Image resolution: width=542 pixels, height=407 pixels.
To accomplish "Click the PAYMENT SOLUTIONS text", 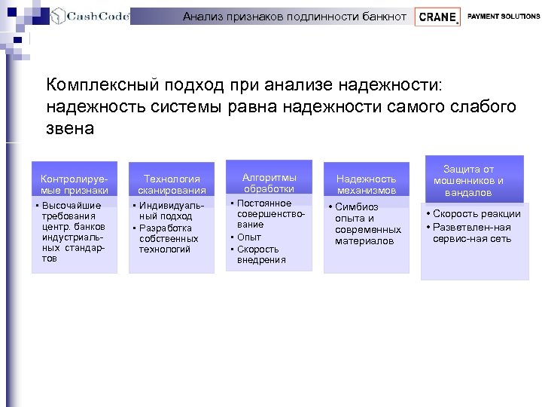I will [503, 16].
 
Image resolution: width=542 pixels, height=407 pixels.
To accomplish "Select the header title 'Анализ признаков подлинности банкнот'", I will [294, 16].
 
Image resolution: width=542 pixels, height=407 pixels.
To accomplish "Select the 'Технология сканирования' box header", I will [172, 184].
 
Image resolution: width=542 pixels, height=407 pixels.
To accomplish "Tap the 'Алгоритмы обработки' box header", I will [269, 182].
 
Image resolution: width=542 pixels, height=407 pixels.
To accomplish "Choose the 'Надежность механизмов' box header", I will [366, 184].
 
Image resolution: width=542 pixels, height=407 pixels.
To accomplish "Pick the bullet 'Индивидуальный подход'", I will [166, 211].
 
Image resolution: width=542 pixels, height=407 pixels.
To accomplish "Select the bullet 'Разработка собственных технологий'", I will [166, 238].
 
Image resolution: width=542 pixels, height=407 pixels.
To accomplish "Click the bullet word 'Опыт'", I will [249, 237].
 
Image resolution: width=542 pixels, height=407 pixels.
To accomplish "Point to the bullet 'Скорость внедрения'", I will [261, 254].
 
